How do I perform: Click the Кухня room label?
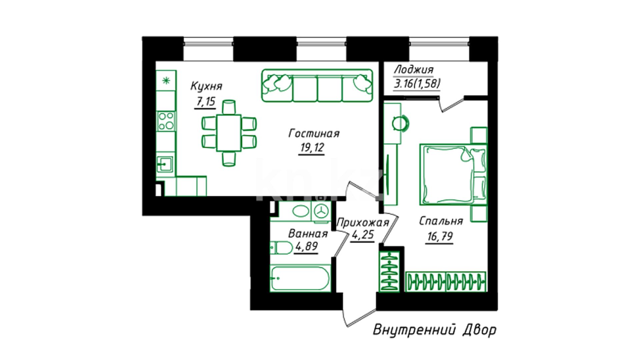(x=206, y=86)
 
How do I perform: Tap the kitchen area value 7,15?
(x=205, y=101)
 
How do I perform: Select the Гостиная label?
(x=314, y=134)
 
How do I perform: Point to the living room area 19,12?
(x=312, y=147)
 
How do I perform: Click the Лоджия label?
(x=414, y=70)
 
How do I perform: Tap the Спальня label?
(x=441, y=221)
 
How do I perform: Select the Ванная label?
(x=308, y=234)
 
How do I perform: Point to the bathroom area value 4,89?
(x=306, y=247)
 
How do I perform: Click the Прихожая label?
(x=363, y=223)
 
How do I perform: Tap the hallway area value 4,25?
(x=363, y=235)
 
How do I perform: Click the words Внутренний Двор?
(x=434, y=330)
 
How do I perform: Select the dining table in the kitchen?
(x=229, y=133)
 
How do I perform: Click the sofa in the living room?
(x=317, y=85)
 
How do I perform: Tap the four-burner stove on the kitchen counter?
(x=166, y=121)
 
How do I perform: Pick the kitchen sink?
(x=165, y=164)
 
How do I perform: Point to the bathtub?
(x=300, y=278)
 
